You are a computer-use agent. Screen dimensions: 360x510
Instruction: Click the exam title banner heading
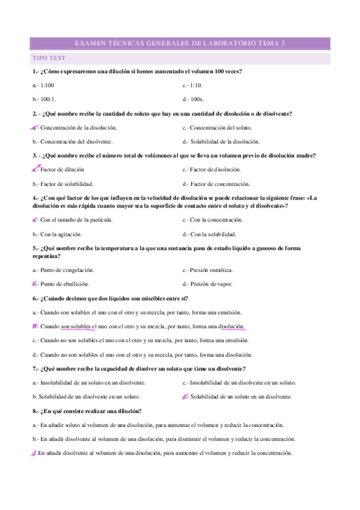[x=180, y=43]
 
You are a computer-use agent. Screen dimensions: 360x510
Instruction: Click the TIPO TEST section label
[x=49, y=58]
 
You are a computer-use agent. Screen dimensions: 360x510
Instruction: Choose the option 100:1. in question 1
[x=49, y=99]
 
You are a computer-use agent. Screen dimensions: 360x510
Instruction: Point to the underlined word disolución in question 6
[x=231, y=327]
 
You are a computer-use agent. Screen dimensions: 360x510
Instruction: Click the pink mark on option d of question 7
[x=185, y=396]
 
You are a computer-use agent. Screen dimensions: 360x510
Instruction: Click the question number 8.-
[x=36, y=411]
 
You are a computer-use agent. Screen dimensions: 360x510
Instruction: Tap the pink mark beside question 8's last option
[x=35, y=453]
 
